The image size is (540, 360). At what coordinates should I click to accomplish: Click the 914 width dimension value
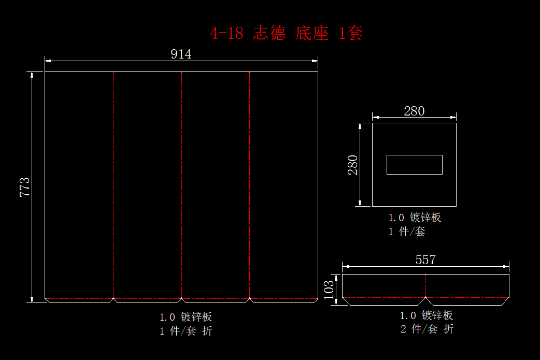(x=181, y=54)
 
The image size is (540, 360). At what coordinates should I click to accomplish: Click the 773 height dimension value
(x=24, y=187)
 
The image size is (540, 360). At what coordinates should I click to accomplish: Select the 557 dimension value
(x=425, y=260)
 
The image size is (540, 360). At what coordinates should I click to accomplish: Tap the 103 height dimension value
(x=329, y=290)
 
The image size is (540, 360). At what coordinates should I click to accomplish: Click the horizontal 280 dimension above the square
(x=414, y=111)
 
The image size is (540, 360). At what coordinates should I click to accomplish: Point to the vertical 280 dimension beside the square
(x=352, y=165)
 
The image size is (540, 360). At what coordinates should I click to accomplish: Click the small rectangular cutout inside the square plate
(x=414, y=165)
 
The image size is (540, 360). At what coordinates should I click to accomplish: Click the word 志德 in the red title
(x=269, y=34)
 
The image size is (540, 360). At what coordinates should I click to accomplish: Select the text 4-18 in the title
(x=226, y=34)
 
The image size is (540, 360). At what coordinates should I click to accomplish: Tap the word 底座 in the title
(x=312, y=34)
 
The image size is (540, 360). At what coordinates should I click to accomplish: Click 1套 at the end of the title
(x=350, y=34)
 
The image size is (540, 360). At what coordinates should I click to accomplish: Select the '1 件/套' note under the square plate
(x=407, y=232)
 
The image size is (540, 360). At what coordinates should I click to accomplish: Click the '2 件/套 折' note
(x=427, y=329)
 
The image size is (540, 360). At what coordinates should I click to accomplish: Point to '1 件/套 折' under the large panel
(x=186, y=331)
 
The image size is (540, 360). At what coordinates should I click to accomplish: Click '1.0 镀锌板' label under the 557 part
(x=426, y=315)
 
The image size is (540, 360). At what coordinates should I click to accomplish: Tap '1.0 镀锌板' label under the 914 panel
(x=186, y=316)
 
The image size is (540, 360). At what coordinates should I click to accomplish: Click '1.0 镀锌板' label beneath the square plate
(x=415, y=218)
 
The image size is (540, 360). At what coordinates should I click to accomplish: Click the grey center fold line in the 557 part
(x=425, y=285)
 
